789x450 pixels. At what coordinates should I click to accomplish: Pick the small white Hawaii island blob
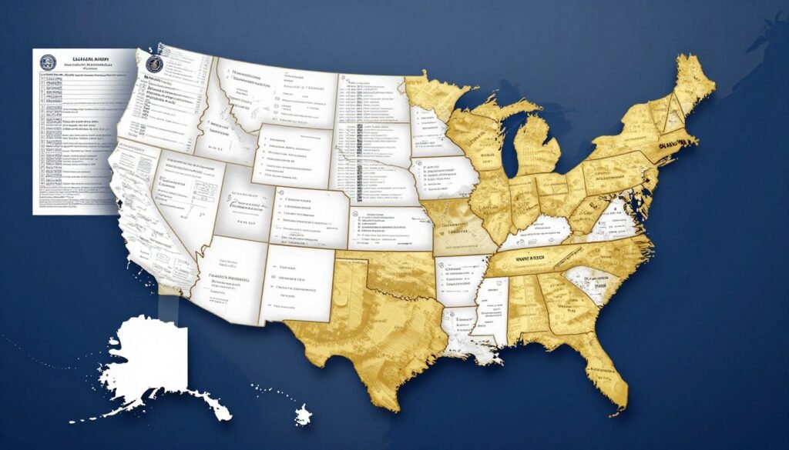(304, 416)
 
